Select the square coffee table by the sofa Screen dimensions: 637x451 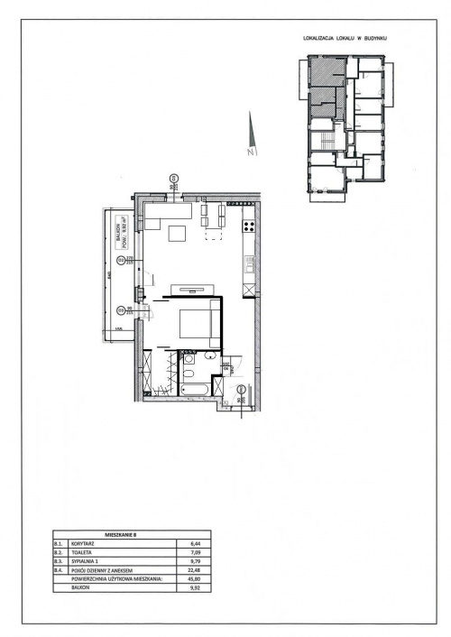(178, 234)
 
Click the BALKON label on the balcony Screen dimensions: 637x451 (118, 232)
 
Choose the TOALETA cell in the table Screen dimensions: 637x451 (83, 553)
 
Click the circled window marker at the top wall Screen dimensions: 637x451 (174, 177)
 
